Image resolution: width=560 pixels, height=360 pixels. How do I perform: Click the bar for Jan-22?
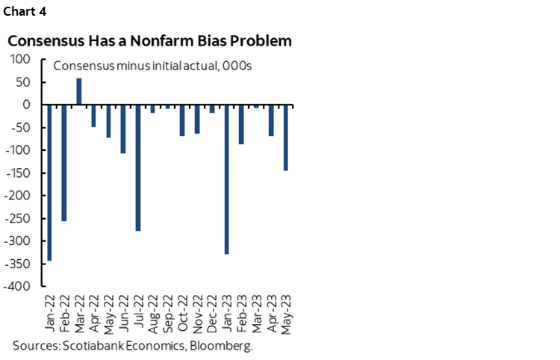pyautogui.click(x=49, y=182)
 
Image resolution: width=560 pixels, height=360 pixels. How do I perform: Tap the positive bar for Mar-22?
pyautogui.click(x=79, y=91)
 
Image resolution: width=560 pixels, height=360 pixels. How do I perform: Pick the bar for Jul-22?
pyautogui.click(x=138, y=167)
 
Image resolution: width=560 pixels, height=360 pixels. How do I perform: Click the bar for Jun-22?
pyautogui.click(x=123, y=128)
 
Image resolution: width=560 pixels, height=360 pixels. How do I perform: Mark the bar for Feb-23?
pyautogui.click(x=241, y=124)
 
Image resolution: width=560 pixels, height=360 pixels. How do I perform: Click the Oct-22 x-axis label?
pyautogui.click(x=181, y=314)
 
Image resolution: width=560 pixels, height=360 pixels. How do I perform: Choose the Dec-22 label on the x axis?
pyautogui.click(x=211, y=314)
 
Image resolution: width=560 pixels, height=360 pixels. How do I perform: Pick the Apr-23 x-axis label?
pyautogui.click(x=270, y=314)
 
